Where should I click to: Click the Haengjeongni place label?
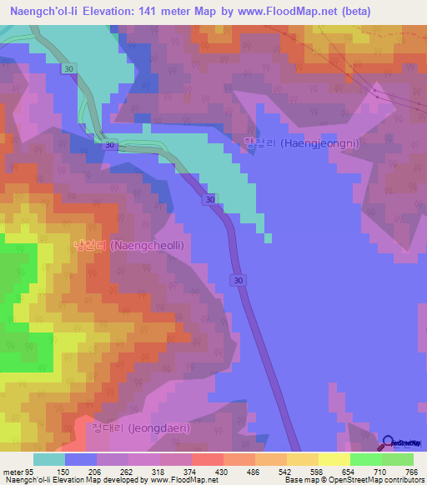coord(301,143)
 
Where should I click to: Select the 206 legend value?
coord(97,472)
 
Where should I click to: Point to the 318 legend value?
coord(160,472)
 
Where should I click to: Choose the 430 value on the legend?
coord(224,472)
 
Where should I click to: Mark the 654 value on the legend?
coord(350,472)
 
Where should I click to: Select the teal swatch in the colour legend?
coord(48,459)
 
